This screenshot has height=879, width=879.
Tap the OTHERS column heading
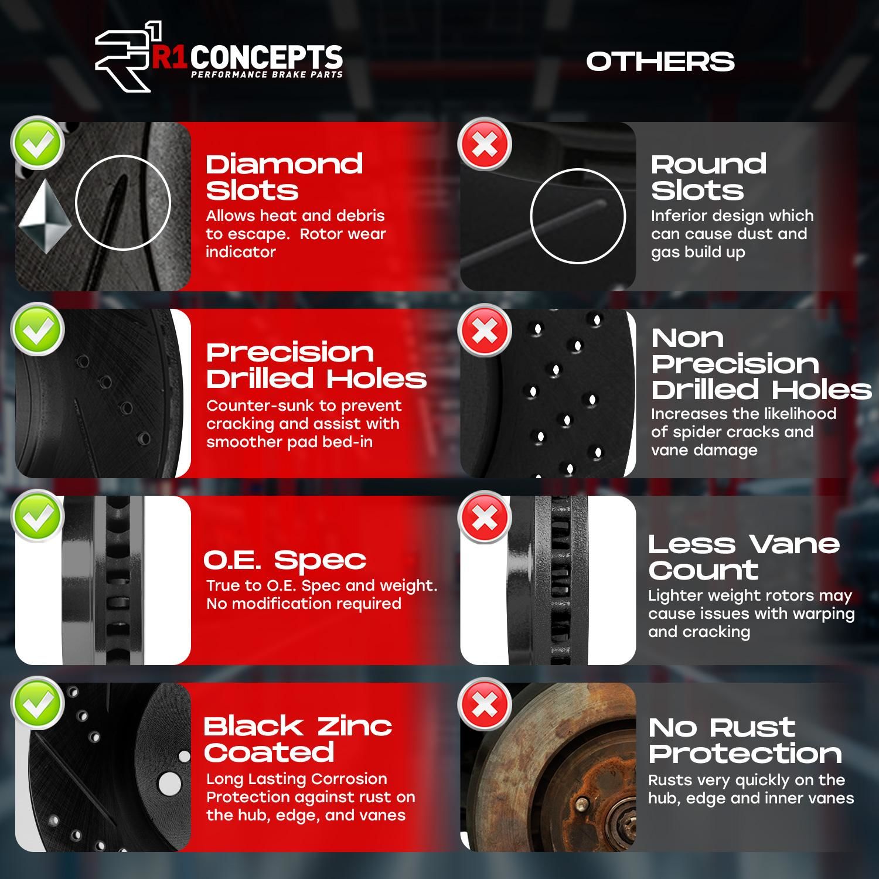660,62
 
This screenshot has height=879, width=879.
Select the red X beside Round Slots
484,144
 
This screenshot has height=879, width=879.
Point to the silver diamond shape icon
45,216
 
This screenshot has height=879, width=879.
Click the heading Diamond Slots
284,177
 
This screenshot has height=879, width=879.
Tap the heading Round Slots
708,177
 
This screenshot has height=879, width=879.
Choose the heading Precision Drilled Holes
316,365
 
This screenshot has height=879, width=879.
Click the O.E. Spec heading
285,561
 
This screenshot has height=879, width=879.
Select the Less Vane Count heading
744,557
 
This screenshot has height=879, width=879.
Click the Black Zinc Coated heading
297,739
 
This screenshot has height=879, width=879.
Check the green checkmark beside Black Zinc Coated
38,704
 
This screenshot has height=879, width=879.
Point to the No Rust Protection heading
745,740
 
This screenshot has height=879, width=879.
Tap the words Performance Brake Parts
267,74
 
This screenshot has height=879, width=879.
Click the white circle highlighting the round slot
577,216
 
